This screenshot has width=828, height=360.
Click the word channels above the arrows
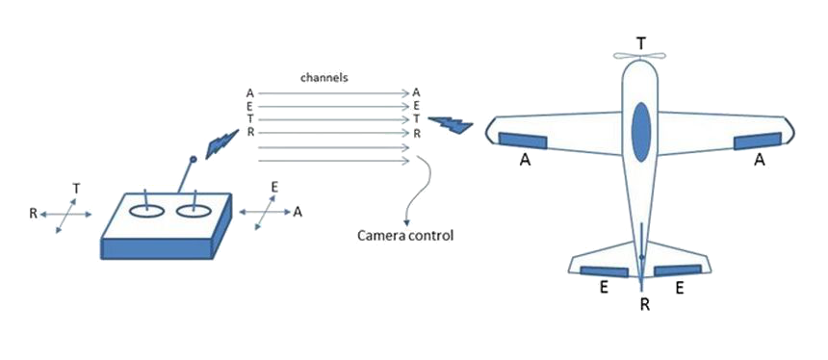pyautogui.click(x=323, y=78)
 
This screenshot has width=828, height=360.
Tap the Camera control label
pyautogui.click(x=405, y=235)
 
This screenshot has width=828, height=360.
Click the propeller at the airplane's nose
pyautogui.click(x=639, y=56)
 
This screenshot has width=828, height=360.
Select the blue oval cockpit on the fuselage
pyautogui.click(x=641, y=132)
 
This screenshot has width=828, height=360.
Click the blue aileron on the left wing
pyautogui.click(x=522, y=141)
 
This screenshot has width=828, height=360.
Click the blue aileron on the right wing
pyautogui.click(x=758, y=141)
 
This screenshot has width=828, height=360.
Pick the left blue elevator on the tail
pyautogui.click(x=604, y=271)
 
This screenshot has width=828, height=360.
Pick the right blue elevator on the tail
pyautogui.click(x=678, y=270)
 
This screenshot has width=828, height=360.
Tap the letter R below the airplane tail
pyautogui.click(x=645, y=305)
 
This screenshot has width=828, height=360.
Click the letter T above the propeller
pyautogui.click(x=640, y=43)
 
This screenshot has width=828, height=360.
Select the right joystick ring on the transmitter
pyautogui.click(x=194, y=211)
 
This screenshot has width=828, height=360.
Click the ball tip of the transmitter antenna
pyautogui.click(x=194, y=159)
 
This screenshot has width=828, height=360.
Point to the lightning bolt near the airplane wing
pyautogui.click(x=450, y=124)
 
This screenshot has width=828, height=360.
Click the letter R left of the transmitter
pyautogui.click(x=34, y=214)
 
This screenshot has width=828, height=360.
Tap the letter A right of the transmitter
pyautogui.click(x=298, y=212)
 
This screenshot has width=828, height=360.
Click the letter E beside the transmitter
pyautogui.click(x=274, y=186)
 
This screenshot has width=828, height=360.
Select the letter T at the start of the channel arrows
pyautogui.click(x=250, y=119)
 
